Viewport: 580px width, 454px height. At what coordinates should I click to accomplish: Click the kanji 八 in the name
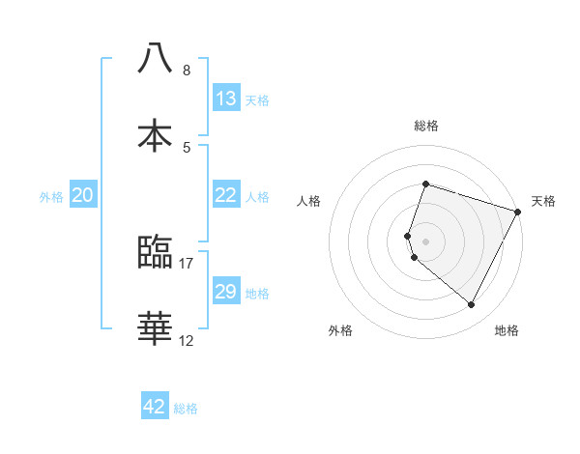point(156,57)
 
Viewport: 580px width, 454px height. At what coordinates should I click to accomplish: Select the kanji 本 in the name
point(156,134)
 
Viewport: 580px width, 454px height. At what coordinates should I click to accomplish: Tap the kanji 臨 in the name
point(156,252)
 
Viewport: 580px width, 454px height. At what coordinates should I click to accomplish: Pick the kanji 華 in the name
point(156,328)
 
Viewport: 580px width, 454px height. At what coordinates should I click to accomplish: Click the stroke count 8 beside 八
point(187,71)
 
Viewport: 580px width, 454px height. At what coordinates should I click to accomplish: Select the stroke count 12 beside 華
point(187,340)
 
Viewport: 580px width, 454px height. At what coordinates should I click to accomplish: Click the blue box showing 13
point(226,98)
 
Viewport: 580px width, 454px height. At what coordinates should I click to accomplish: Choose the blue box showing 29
point(226,292)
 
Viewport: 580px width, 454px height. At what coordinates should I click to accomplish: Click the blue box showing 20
point(83,195)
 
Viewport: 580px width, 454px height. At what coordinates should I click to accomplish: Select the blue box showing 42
point(155,407)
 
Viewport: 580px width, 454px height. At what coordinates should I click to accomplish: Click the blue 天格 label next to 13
point(257,99)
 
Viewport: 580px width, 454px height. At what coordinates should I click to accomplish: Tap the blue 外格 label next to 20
point(51,197)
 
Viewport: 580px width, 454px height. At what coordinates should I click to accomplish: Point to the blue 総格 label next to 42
point(186,409)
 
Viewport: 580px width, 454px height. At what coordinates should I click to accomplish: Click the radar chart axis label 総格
point(426,126)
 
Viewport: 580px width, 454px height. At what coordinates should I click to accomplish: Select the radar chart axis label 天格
point(543,201)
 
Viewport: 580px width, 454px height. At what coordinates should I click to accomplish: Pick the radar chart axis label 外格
point(340,330)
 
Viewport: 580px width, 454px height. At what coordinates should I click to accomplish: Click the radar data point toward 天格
point(518,212)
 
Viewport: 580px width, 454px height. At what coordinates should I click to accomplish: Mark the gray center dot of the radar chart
point(425,241)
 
